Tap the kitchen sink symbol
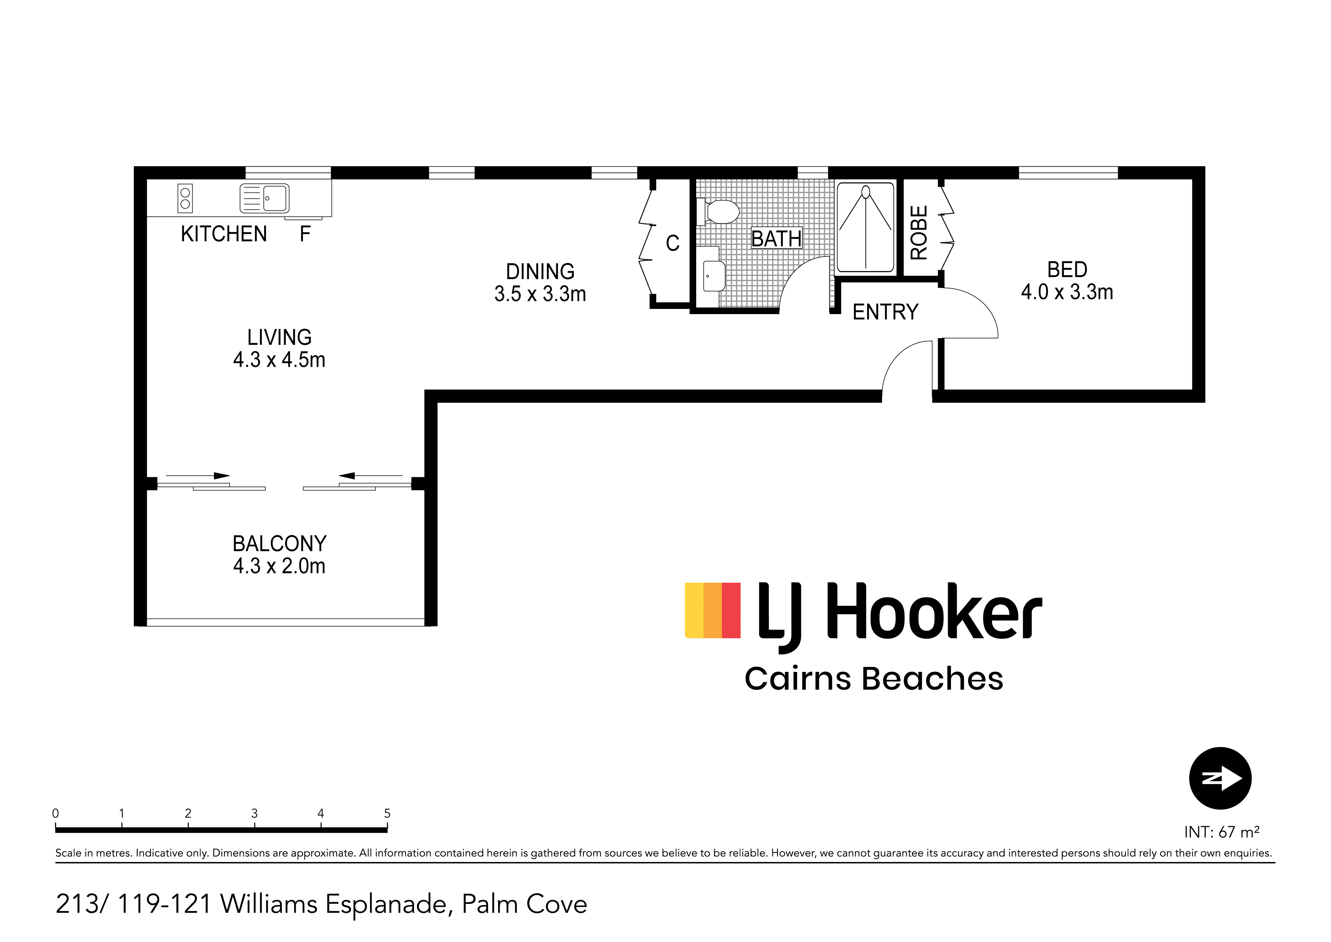264,198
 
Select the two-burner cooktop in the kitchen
185,198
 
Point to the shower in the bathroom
866,227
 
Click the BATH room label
776,238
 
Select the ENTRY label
885,312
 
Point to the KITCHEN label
224,234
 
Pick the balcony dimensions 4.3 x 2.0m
279,565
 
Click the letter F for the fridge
305,234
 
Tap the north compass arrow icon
1220,778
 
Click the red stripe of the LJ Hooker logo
731,610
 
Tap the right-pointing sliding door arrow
198,476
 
